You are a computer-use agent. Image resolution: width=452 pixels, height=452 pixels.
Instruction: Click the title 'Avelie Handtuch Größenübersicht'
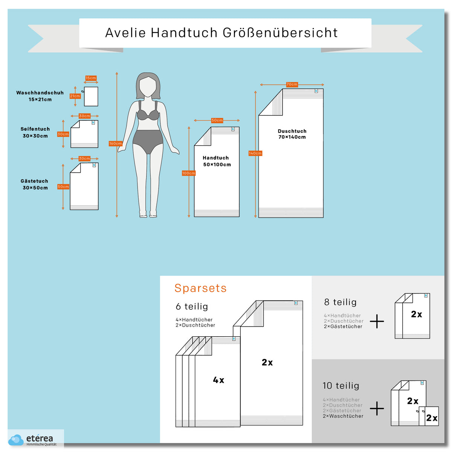coord(221,33)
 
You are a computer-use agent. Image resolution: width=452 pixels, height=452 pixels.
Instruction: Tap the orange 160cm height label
coord(115,143)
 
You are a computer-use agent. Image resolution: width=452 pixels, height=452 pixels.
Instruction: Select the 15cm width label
coord(91,78)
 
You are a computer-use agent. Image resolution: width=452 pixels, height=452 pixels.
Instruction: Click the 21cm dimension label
coord(75,96)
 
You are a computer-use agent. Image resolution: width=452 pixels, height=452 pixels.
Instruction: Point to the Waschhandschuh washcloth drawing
coord(91,96)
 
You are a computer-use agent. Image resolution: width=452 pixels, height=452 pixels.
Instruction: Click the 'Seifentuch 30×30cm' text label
coord(35,132)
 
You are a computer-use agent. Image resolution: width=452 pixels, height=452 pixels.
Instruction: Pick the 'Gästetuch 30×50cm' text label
coord(35,184)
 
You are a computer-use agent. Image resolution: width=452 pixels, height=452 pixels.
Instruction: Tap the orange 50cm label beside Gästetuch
coord(63,187)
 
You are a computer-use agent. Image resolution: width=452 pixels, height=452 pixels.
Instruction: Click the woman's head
coord(148,86)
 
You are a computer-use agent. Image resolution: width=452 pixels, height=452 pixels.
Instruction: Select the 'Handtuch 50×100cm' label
coord(217,161)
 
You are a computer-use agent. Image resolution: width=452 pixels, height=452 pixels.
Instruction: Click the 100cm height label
coord(189,173)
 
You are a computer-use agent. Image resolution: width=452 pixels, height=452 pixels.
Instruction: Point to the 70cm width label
coord(292,84)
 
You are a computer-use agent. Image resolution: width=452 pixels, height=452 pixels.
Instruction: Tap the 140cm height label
coord(255,153)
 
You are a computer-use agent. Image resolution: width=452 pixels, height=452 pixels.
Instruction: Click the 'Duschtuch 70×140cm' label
coord(292,134)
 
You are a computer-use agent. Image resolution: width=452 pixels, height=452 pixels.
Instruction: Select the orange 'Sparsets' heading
coord(200,288)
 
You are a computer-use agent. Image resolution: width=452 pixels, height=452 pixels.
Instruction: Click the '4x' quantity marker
coord(218,380)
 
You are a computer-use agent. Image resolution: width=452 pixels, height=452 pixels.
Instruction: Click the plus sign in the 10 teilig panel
coord(377,408)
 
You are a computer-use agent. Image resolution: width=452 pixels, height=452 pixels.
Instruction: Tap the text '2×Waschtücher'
coord(343,416)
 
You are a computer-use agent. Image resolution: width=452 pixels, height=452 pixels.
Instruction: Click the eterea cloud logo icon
coord(16,440)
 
